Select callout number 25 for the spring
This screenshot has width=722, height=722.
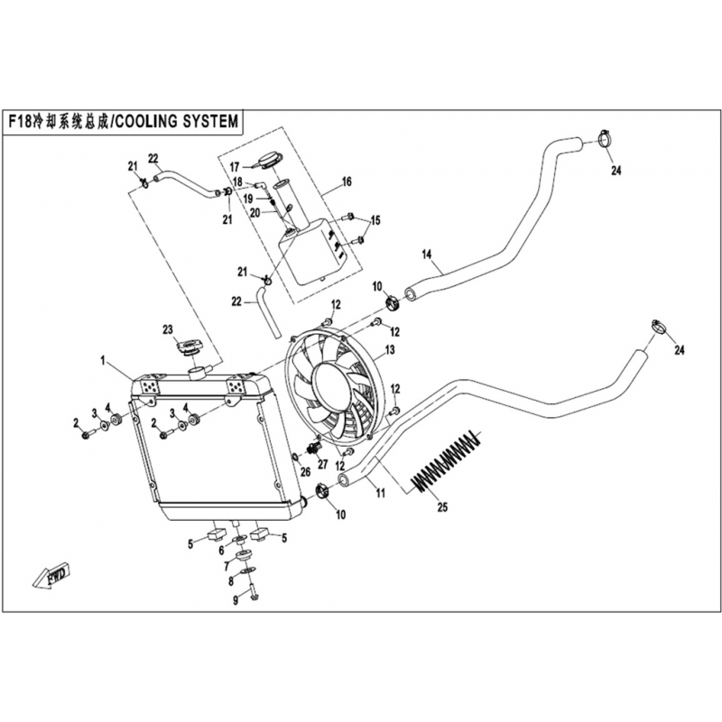coord(442,507)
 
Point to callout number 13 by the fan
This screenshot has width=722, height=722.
coord(390,350)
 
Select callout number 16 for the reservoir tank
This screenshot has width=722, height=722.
coord(347,182)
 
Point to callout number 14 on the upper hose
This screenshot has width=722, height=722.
coord(427,254)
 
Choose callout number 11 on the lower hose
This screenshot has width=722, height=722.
coord(380,494)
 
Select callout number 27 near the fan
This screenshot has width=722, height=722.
coord(323,464)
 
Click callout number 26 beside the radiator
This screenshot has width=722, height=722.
coord(305,471)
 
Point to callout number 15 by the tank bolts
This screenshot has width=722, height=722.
coord(375,220)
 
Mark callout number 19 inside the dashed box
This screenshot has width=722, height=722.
coord(248,199)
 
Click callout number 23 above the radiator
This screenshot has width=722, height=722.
coord(168,329)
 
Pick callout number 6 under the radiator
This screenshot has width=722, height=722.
coord(221,550)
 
